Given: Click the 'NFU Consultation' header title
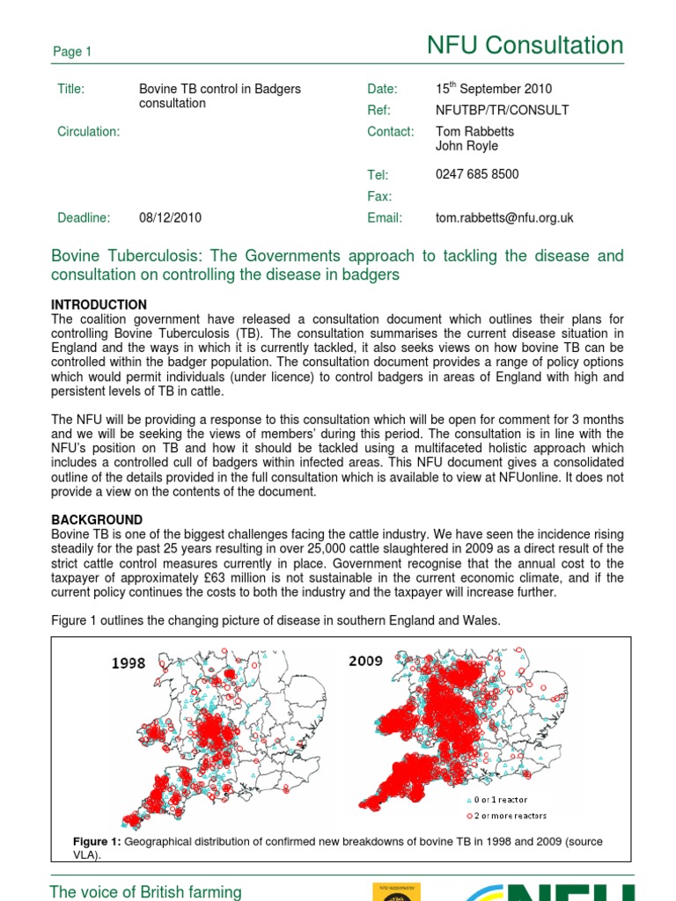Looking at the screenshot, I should pos(525,45).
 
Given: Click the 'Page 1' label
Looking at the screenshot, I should pos(72,52).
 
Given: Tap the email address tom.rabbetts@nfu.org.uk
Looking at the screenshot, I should pos(504,217).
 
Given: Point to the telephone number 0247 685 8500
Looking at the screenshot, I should pos(477,174).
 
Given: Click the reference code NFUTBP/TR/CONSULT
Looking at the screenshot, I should pos(502,110).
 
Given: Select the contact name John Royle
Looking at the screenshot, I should pos(467,146).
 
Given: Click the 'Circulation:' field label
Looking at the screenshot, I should pos(88,131).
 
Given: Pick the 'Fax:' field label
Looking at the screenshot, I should pos(379,196).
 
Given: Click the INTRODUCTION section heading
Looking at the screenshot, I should pos(99,304).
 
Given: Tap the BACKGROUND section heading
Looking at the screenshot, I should pos(97,520).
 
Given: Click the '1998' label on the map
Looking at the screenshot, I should pos(129,663).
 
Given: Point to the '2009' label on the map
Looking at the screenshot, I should pos(365,660).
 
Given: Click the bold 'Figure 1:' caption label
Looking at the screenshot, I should pos(97,842).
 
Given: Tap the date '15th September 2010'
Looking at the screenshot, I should pos(494,89).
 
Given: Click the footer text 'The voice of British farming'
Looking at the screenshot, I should pos(145,891).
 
